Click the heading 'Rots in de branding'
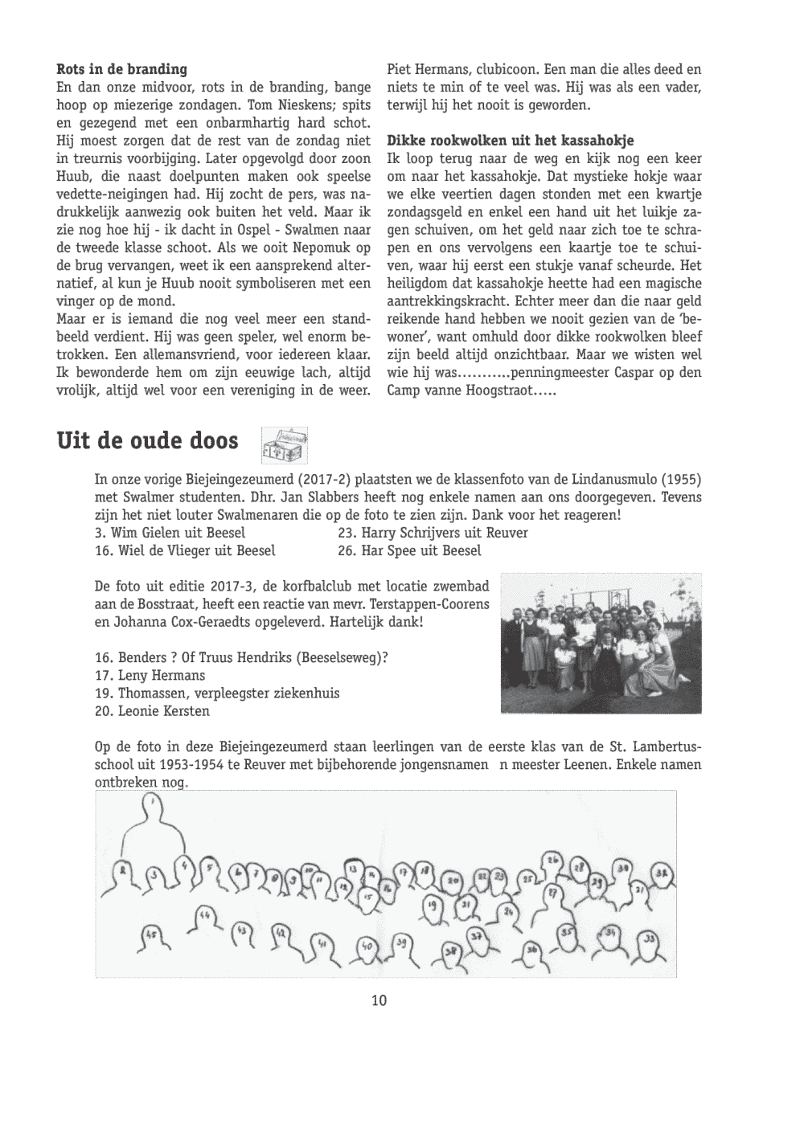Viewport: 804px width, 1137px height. (x=122, y=69)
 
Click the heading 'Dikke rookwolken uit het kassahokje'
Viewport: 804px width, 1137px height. (x=510, y=141)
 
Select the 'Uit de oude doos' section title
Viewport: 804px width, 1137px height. (x=147, y=442)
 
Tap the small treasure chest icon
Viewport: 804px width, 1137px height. (x=285, y=444)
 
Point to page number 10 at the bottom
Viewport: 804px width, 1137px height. (x=379, y=1000)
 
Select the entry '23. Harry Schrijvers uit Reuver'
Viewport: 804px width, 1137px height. (x=433, y=533)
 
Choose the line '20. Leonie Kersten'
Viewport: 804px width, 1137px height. (x=152, y=711)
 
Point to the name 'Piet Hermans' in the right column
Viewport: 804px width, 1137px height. (x=424, y=70)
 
